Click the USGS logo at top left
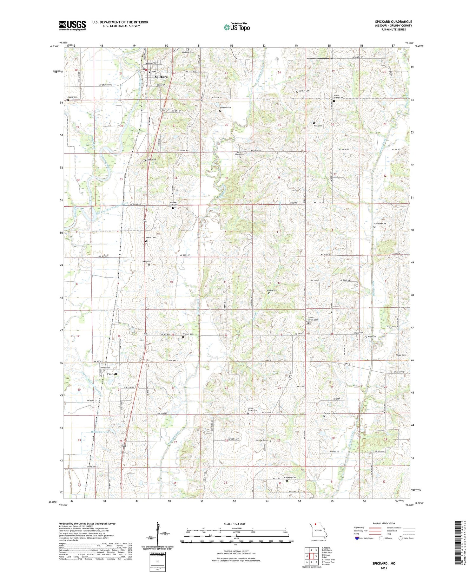(x=72, y=25)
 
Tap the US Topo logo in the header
(x=236, y=27)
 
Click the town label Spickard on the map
(x=161, y=77)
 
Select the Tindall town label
(x=112, y=374)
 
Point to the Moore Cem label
(x=72, y=97)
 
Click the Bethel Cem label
(x=304, y=91)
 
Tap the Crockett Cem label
(x=380, y=224)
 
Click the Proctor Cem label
(x=188, y=334)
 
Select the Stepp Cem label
(x=401, y=355)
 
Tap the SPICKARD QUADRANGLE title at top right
(x=393, y=22)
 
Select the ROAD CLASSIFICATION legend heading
(x=384, y=523)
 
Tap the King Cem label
(x=318, y=126)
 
